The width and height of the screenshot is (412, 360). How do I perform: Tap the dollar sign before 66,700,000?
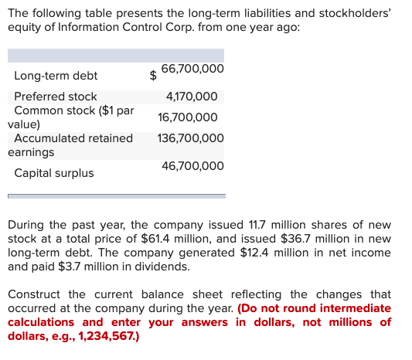pos(153,76)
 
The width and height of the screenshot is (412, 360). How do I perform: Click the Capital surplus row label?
pos(54,173)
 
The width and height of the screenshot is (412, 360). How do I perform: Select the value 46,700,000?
pos(193,166)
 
